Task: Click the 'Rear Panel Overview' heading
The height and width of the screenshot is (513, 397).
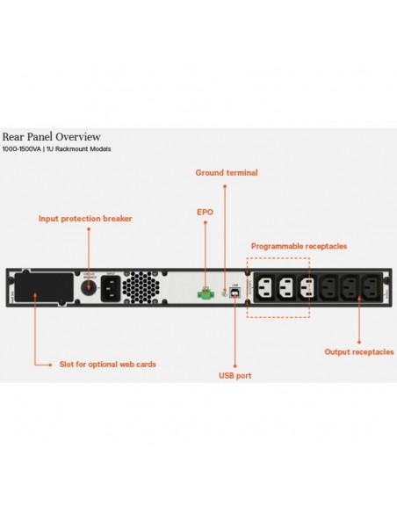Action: [51, 137]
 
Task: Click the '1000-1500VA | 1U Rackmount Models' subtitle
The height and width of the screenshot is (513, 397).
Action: [56, 149]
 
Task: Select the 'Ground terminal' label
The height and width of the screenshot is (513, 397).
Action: [226, 173]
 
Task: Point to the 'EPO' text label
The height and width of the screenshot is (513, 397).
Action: [204, 212]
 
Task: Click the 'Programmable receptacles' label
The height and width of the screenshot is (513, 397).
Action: [299, 246]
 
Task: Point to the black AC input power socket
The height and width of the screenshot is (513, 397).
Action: [112, 286]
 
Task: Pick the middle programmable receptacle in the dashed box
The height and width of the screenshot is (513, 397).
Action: [284, 286]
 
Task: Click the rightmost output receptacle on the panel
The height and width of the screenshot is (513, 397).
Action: [368, 286]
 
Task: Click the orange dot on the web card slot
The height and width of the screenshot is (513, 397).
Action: [35, 297]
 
